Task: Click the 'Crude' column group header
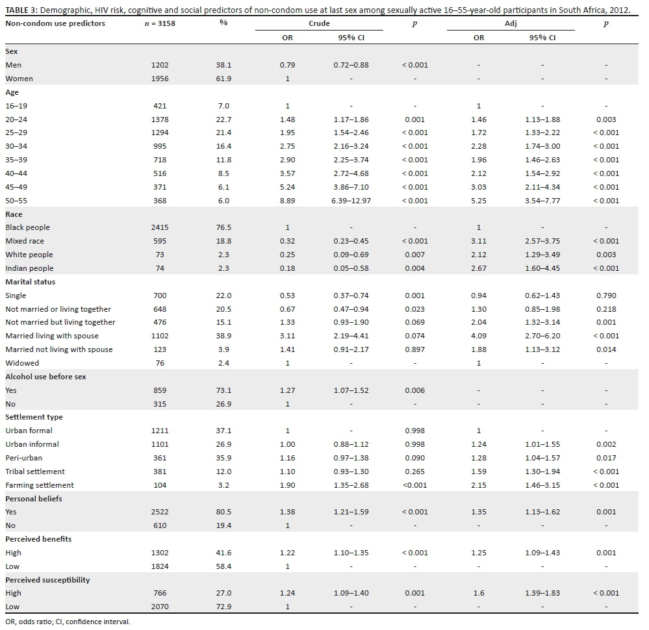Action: [x=319, y=23]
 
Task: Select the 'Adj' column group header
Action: [x=511, y=23]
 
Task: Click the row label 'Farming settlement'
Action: [x=40, y=485]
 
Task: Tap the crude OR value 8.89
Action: [x=287, y=201]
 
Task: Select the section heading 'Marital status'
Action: [x=31, y=282]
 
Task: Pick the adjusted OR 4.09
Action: [x=479, y=336]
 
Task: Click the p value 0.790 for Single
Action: [x=605, y=296]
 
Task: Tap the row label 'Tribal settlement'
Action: [x=35, y=472]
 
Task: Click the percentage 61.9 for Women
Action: [x=223, y=79]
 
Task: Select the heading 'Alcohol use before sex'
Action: [x=45, y=377]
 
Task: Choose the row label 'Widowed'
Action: [x=22, y=363]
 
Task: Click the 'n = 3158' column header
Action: [x=158, y=23]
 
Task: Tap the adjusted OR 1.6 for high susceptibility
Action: [x=479, y=593]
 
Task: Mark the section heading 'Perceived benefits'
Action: [x=38, y=539]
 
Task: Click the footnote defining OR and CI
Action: [x=68, y=622]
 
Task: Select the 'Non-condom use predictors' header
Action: [x=55, y=23]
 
